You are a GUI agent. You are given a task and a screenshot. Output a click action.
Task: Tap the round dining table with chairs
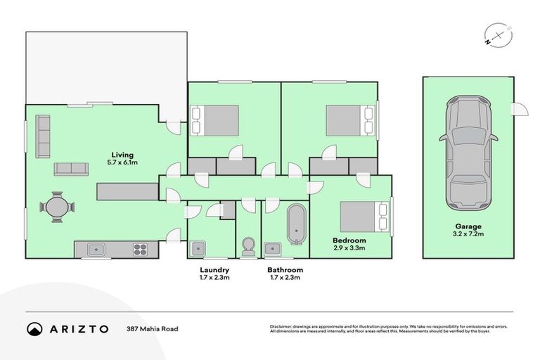coord(56,207)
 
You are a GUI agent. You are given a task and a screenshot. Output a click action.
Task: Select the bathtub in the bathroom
coord(297,224)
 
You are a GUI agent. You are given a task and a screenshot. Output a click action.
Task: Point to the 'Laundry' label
coord(214,270)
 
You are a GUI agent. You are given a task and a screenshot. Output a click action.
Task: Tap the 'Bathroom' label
coord(285,270)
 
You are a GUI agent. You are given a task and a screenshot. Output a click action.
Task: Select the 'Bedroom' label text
coord(349,240)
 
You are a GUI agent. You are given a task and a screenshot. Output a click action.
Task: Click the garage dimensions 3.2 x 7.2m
coord(467,236)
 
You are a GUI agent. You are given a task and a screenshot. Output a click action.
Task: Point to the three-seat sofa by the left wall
coord(43,136)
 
